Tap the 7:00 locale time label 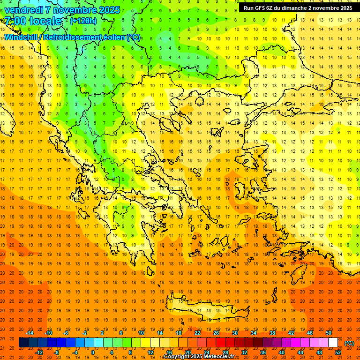(33, 21)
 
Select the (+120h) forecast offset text (83, 21)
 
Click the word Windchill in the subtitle (24, 37)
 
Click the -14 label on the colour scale (30, 333)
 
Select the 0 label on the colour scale (92, 352)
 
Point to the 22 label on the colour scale (197, 333)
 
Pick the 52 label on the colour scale (338, 352)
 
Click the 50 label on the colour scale (329, 333)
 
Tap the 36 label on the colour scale (263, 352)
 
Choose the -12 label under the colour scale (39, 352)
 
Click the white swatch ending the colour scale (333, 343)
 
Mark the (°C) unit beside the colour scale (349, 343)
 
